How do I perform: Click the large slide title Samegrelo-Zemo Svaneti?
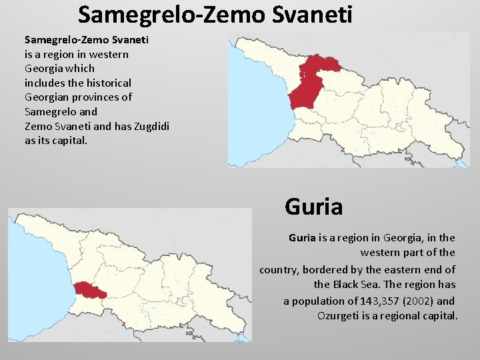215,14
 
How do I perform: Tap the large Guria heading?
313,207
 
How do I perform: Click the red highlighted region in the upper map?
312,80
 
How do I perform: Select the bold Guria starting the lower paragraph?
302,237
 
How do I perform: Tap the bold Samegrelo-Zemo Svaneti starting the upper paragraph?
87,39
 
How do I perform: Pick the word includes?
45,83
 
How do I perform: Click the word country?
278,269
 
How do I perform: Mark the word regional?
402,315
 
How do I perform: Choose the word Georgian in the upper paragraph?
45,97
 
